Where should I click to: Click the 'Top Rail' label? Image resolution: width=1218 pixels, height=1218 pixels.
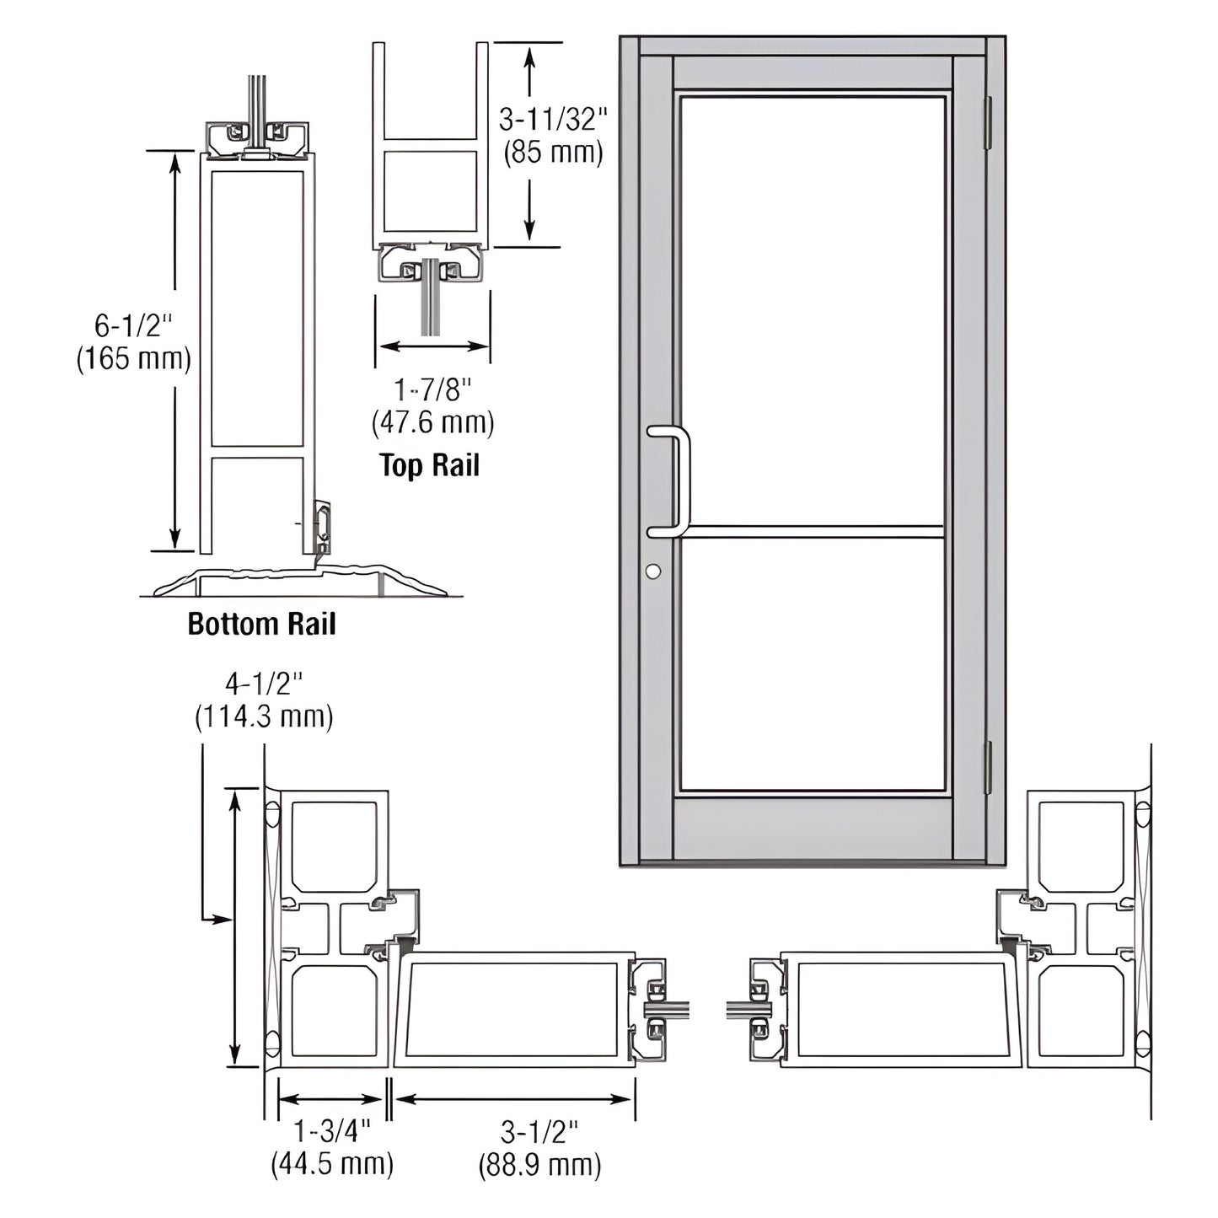click(429, 464)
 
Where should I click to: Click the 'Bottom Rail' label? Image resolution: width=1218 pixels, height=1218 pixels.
click(261, 624)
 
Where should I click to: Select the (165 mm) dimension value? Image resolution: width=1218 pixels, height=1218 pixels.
click(134, 359)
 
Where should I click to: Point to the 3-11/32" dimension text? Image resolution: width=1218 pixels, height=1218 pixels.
click(553, 120)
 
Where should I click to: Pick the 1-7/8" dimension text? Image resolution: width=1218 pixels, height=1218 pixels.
click(433, 389)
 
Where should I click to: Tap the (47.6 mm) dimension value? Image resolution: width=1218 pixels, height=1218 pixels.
click(433, 422)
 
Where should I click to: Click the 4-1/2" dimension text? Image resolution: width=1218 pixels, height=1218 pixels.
click(263, 681)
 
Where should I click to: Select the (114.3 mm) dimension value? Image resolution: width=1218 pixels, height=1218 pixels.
click(264, 716)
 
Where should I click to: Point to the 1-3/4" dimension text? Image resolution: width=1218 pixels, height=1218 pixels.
click(331, 1129)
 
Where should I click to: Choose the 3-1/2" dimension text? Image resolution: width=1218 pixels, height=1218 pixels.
click(539, 1129)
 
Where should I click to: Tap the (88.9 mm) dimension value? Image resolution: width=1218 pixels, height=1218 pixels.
click(540, 1165)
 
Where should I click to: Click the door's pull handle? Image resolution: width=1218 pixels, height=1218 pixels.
click(681, 480)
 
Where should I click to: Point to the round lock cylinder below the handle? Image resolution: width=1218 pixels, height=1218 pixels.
click(652, 571)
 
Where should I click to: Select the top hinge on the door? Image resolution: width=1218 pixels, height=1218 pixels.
click(989, 122)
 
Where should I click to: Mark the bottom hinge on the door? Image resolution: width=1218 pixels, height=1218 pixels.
click(989, 767)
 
